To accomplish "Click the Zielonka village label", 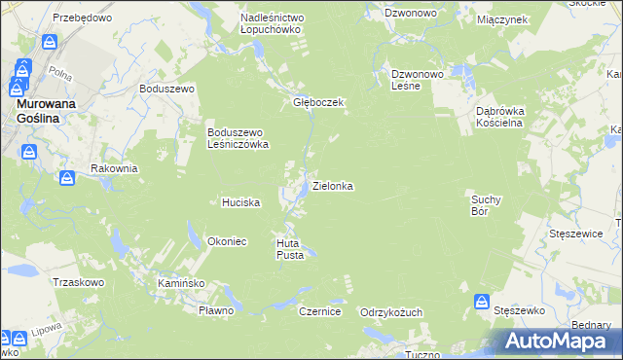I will click(332, 185).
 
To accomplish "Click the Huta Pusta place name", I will click(291, 248).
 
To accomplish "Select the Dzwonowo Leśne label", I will click(418, 79).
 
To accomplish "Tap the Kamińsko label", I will click(180, 282).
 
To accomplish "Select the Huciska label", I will click(240, 202).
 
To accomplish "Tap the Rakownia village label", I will click(114, 168).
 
